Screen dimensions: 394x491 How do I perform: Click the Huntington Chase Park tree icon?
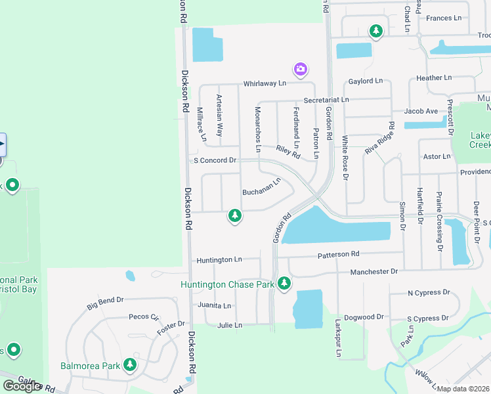pyautogui.click(x=284, y=284)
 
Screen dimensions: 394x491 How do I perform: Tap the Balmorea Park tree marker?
pyautogui.click(x=130, y=365)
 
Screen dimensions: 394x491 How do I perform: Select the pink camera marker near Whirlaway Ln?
pyautogui.click(x=301, y=69)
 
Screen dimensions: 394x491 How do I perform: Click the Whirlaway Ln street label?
pyautogui.click(x=265, y=84)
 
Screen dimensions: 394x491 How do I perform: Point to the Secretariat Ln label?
pyautogui.click(x=326, y=99)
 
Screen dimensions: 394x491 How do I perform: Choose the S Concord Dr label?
pyautogui.click(x=214, y=160)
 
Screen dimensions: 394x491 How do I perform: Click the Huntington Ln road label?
pyautogui.click(x=219, y=260)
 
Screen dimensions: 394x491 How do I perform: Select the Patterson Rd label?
pyautogui.click(x=339, y=254)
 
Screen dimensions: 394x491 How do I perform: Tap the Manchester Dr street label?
pyautogui.click(x=374, y=271)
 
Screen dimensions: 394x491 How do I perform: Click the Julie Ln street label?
pyautogui.click(x=230, y=325)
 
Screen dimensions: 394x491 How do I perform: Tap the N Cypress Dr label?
pyautogui.click(x=429, y=292)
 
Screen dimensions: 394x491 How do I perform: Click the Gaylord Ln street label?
pyautogui.click(x=366, y=81)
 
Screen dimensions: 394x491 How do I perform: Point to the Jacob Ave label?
pyautogui.click(x=421, y=112)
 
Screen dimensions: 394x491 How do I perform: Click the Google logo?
pyautogui.click(x=22, y=386)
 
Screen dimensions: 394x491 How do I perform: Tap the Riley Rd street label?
pyautogui.click(x=288, y=153)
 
